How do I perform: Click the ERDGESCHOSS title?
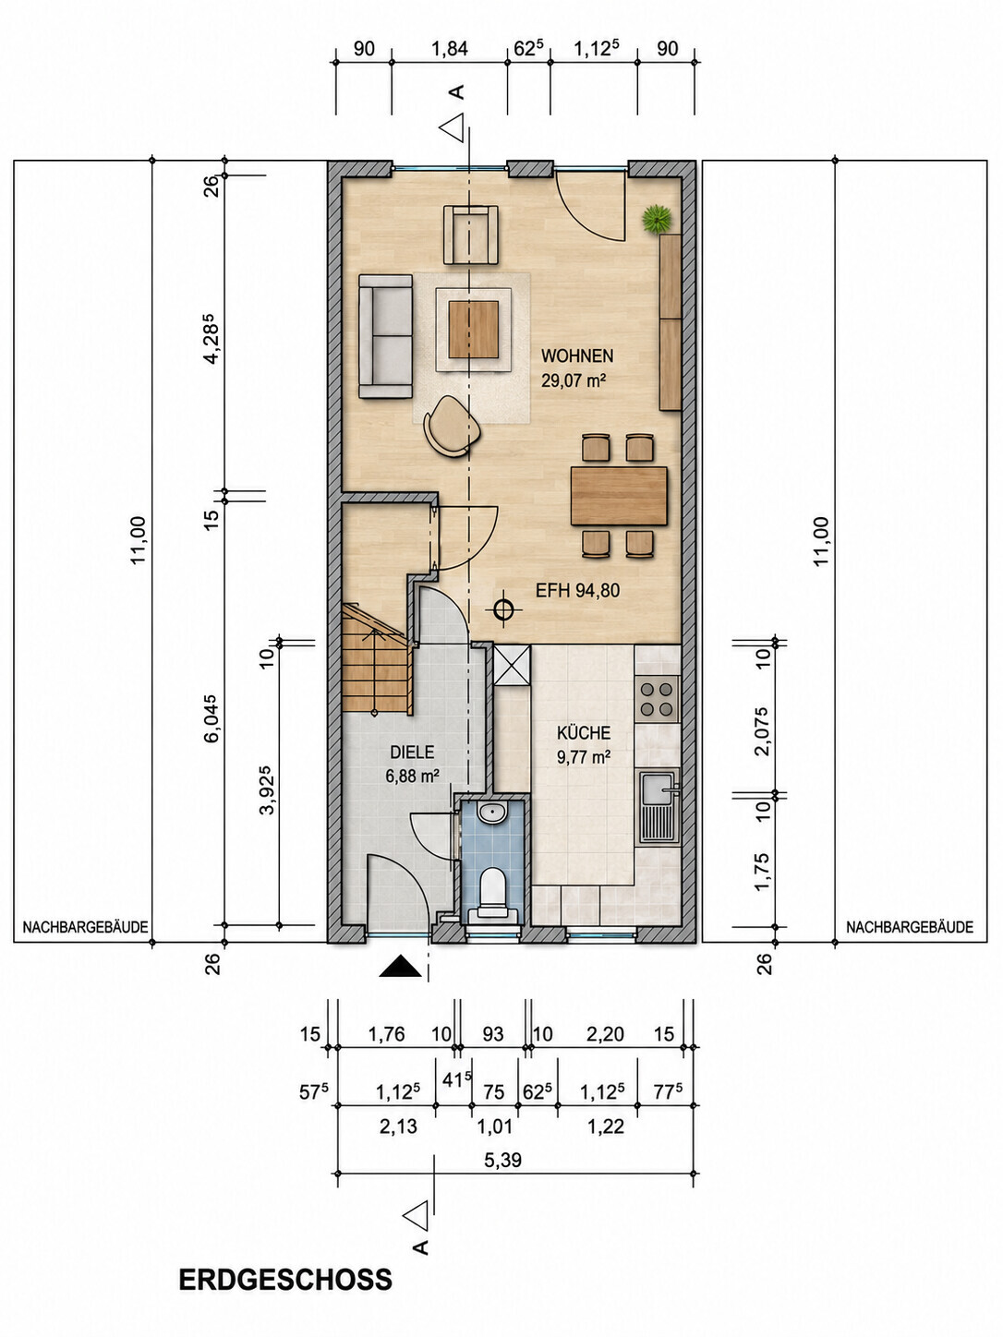(x=285, y=1281)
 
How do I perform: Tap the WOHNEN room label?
(x=576, y=355)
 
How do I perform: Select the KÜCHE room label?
(x=584, y=732)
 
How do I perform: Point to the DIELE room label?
(x=412, y=753)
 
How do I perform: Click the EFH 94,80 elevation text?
(x=577, y=590)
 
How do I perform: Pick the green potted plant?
(x=657, y=218)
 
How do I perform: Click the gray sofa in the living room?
(x=385, y=336)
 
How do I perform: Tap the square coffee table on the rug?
(x=473, y=330)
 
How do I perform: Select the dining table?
(x=619, y=496)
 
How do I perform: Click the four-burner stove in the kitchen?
(x=657, y=699)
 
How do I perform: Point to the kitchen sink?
(x=658, y=807)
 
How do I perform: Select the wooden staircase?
(x=375, y=658)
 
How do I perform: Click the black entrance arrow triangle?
(x=400, y=968)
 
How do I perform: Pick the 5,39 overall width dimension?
(x=503, y=1161)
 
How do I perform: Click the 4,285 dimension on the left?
(x=210, y=339)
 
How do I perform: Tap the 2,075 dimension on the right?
(x=761, y=731)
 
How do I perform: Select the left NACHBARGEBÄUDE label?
(x=85, y=927)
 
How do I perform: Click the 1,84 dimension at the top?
(x=450, y=49)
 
